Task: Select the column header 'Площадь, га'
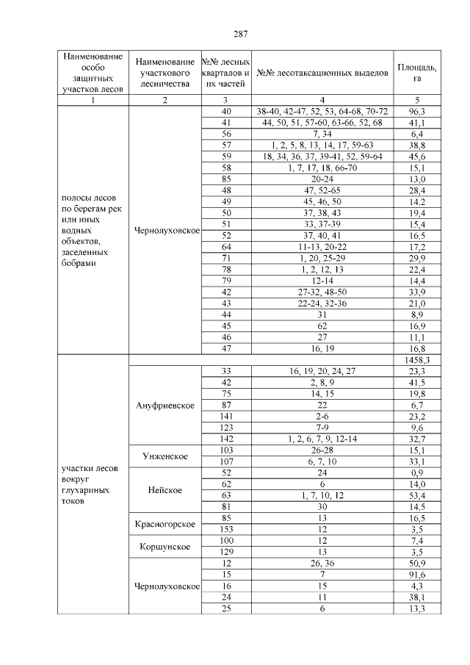pos(416,73)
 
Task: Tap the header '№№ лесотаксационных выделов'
pos(322,73)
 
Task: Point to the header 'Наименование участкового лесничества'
pos(165,73)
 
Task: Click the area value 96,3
pos(416,111)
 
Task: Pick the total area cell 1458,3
pos(416,360)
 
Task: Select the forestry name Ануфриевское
pos(165,406)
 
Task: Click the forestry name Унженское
pos(165,456)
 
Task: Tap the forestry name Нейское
pos(165,490)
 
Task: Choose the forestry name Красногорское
pos(165,524)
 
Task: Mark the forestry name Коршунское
pos(165,547)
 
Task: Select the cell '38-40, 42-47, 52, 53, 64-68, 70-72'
pos(322,111)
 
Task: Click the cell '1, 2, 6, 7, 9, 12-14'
pos(322,439)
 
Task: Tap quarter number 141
pos(226,416)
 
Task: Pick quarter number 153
pos(226,529)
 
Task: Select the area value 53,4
pos(416,495)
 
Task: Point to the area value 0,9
pos(416,473)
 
